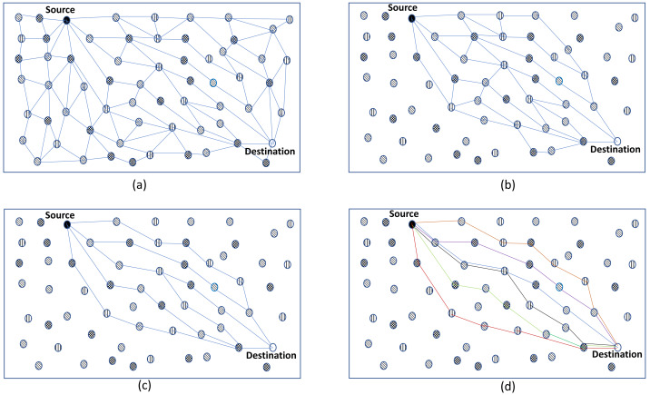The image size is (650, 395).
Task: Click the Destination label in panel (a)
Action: point(270,151)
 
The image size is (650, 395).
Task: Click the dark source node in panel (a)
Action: point(67,18)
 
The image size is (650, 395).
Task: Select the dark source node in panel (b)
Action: point(411,17)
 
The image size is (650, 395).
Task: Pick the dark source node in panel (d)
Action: point(411,223)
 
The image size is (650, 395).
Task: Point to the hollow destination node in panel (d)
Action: point(617,348)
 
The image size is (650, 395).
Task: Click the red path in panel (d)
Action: point(454,314)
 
